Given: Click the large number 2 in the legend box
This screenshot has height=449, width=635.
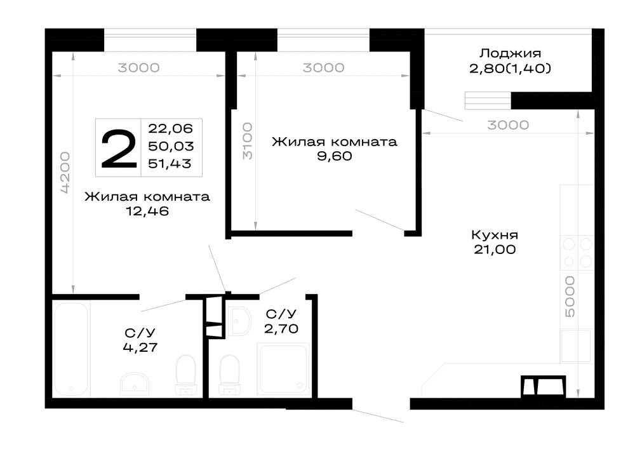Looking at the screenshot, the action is coord(119,149).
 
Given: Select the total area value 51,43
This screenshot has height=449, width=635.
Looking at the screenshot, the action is coord(170,164).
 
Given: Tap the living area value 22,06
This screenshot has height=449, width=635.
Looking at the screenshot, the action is coord(170,128).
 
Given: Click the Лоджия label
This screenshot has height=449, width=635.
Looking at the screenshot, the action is coord(511,53).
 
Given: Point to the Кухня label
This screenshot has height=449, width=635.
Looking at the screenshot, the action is coord(495,235).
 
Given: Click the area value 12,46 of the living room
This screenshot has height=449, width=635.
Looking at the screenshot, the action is coord(147,211).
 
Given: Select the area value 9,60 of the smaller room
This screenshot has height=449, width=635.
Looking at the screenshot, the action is coord(334,156).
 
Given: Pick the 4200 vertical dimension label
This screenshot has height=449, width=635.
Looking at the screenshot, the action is coord(65,172).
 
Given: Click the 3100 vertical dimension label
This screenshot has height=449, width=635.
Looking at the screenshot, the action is coord(247,141).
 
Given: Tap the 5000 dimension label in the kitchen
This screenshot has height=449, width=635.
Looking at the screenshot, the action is coord(570,297).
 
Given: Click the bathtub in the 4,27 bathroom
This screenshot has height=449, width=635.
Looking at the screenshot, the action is coord(71,349).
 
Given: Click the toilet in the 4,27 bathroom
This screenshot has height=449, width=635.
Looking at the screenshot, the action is coord(186,375).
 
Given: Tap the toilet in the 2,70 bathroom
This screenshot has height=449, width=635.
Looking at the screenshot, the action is coord(229,375).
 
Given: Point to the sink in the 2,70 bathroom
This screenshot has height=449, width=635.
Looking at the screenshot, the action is coord(239,321).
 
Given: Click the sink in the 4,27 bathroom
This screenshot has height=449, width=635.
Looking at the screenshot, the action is coord(134,384).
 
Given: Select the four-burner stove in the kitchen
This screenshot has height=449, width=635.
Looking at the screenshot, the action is coord(577,253).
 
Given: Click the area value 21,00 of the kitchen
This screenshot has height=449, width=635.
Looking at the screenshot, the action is coord(495,250).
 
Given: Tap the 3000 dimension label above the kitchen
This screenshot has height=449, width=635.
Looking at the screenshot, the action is coord(508,125).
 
